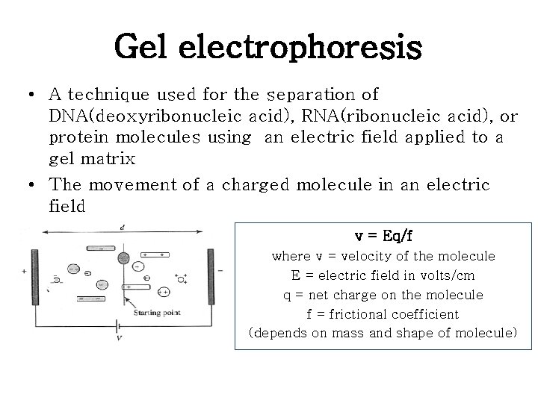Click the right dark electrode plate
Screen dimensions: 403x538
click(211, 275)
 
